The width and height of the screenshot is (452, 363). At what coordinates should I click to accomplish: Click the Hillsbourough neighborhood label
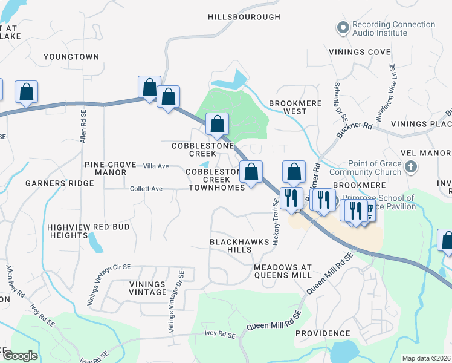pos(244,17)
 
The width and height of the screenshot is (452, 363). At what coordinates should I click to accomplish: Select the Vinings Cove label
pos(360,52)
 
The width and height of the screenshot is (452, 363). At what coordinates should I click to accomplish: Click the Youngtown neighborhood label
pos(71,57)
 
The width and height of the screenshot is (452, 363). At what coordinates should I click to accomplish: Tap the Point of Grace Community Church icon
pos(410,167)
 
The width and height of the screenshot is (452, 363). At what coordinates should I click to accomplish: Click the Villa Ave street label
pos(155,166)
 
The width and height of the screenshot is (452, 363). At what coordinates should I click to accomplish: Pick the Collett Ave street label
pos(146,189)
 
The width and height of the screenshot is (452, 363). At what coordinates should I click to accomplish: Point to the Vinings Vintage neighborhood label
pos(147,288)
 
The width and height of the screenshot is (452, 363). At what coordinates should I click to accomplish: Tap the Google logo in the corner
pos(19,355)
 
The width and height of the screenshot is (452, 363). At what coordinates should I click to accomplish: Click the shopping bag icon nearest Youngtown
pos(26,92)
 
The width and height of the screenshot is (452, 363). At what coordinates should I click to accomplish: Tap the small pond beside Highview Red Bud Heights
pos(95,243)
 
